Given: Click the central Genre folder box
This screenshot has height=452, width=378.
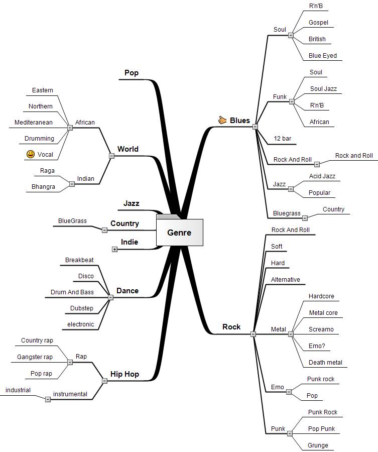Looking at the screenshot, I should [179, 233].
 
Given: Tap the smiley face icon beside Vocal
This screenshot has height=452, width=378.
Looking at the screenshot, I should [31, 154].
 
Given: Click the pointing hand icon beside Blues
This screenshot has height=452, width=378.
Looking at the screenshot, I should [223, 120].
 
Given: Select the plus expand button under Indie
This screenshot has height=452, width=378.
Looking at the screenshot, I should [114, 249].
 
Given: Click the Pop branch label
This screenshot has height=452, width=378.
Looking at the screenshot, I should [132, 73].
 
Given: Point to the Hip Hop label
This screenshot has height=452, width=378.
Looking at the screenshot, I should [124, 374].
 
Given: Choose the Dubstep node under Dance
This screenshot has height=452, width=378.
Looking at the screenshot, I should [82, 308].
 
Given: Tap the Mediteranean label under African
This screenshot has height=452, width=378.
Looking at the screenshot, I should [34, 122].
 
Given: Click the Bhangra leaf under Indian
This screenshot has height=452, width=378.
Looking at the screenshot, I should [43, 187].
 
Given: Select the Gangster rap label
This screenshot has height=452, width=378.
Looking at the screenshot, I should [35, 357].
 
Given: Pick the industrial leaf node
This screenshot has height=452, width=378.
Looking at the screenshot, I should [18, 390].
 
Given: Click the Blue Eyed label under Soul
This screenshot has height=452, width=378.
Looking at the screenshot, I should [323, 55].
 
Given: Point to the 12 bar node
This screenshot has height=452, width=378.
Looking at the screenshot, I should [282, 138].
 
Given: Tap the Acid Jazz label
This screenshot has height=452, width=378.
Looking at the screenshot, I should [322, 176].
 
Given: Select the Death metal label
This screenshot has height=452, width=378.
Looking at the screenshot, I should [325, 362].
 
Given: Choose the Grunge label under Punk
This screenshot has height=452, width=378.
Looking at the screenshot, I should [318, 445].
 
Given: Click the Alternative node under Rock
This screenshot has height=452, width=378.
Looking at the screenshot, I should [285, 279].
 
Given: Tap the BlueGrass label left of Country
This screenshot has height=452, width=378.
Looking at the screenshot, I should [72, 220].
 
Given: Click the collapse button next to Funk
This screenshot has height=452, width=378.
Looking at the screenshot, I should [292, 101].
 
